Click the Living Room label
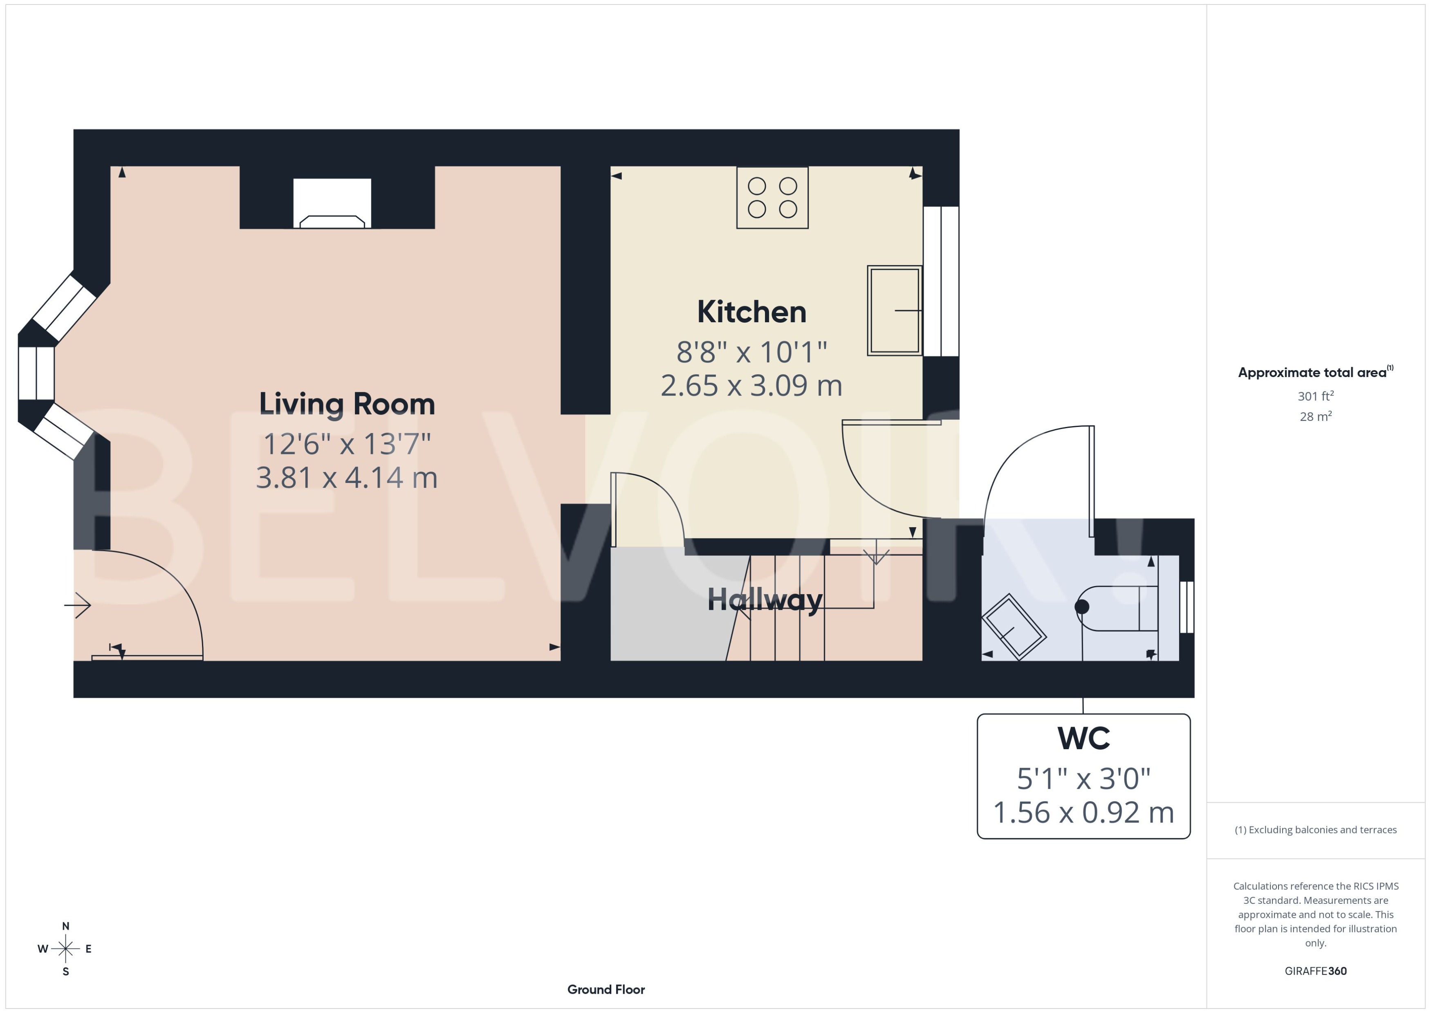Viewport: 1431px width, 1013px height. click(x=347, y=404)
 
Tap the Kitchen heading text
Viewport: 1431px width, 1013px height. click(x=751, y=312)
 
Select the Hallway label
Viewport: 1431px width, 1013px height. click(x=765, y=600)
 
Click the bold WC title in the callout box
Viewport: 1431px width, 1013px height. click(x=1083, y=739)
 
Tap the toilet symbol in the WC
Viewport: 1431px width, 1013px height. click(x=1116, y=608)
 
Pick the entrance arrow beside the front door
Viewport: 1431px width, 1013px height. click(x=78, y=604)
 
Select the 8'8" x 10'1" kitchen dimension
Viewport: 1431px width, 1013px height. click(x=751, y=353)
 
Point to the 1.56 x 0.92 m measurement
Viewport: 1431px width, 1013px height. click(x=1083, y=813)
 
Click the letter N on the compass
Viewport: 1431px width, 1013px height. click(x=65, y=926)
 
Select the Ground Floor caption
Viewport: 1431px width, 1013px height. click(x=606, y=989)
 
